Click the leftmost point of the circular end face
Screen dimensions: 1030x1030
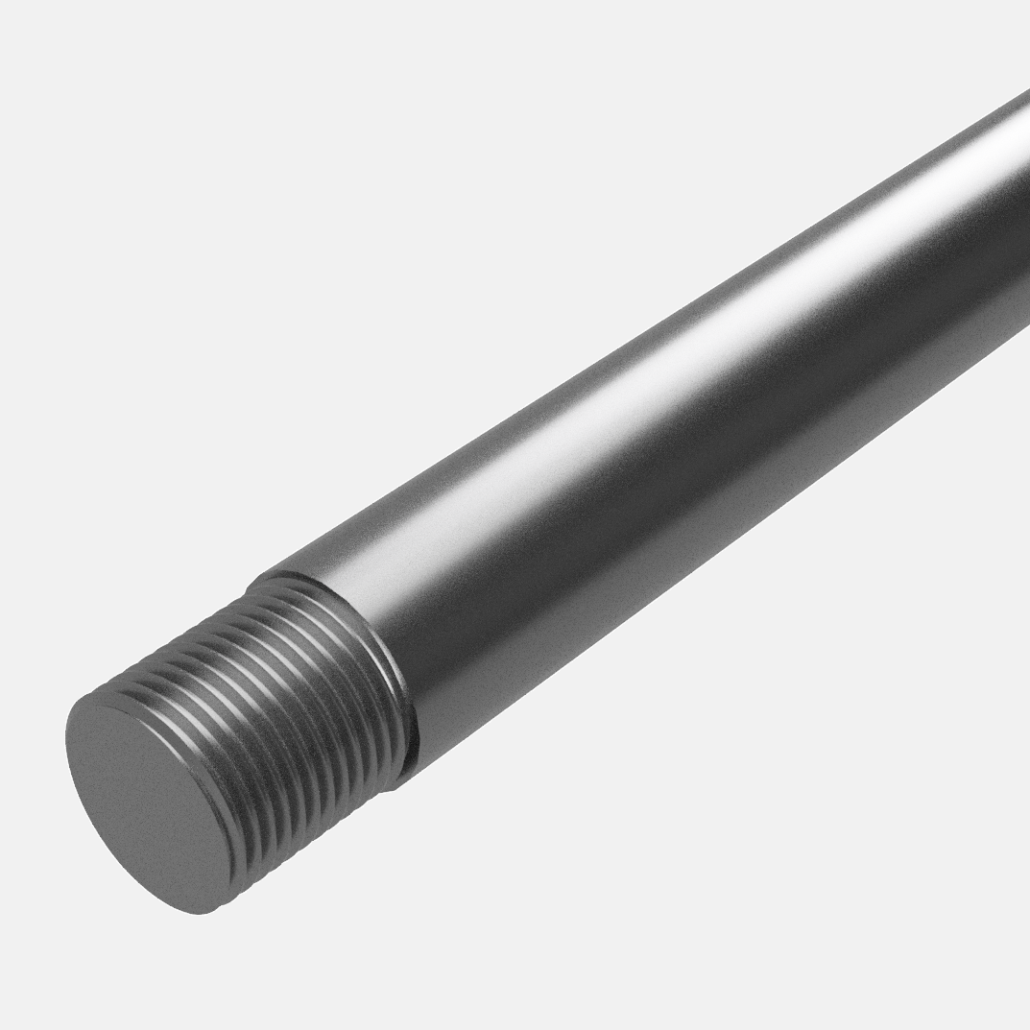[x=66, y=739]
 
